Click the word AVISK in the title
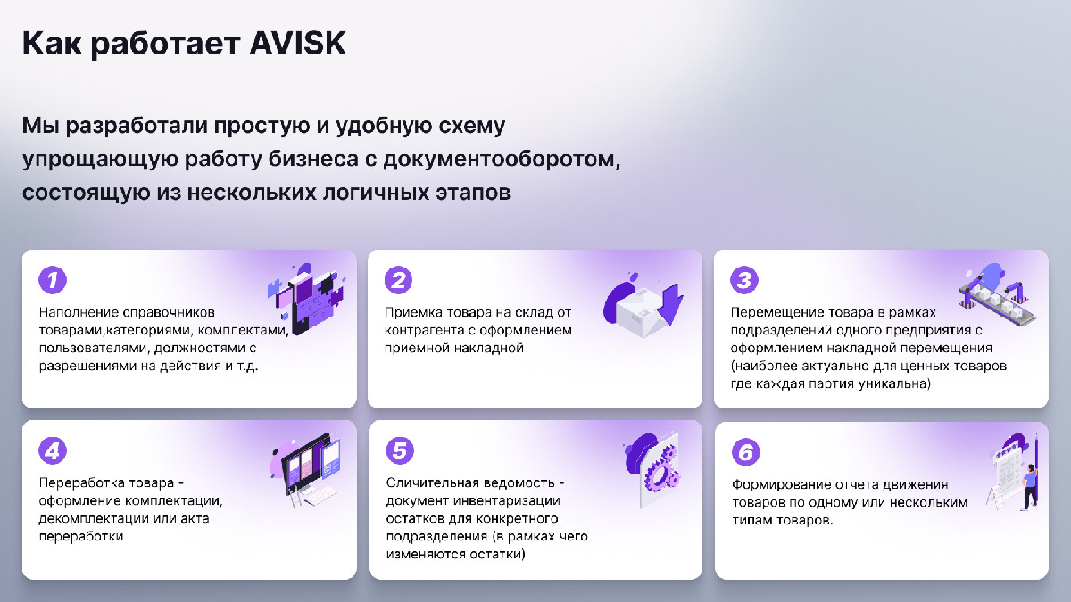[297, 44]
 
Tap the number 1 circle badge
[53, 280]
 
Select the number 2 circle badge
[398, 280]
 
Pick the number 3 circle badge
[744, 280]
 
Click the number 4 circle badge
[53, 450]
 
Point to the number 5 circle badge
[400, 450]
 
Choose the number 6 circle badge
[746, 452]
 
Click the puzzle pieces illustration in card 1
[306, 299]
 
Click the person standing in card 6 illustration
[1030, 486]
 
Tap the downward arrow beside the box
[671, 304]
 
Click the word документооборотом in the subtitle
[501, 160]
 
